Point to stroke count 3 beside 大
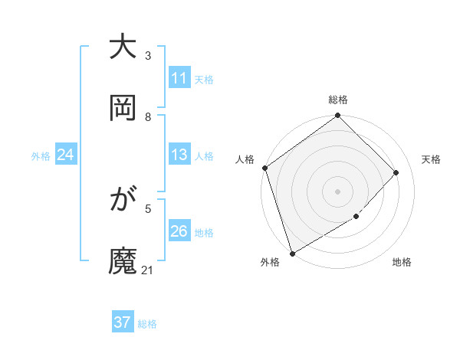tap(148, 56)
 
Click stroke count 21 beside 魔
tap(148, 270)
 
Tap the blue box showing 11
tap(179, 78)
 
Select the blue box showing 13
tap(179, 155)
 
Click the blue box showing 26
tap(179, 231)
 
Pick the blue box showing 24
tap(66, 155)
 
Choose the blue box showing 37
tap(123, 322)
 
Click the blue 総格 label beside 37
tap(147, 324)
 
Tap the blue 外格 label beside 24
tap(41, 156)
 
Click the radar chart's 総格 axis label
tap(338, 100)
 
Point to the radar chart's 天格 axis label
tap(432, 159)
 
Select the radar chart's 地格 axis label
tap(402, 263)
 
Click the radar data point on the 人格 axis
tap(264, 168)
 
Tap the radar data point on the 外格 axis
tap(292, 253)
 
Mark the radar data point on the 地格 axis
tap(356, 217)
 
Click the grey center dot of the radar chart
tap(337, 191)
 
